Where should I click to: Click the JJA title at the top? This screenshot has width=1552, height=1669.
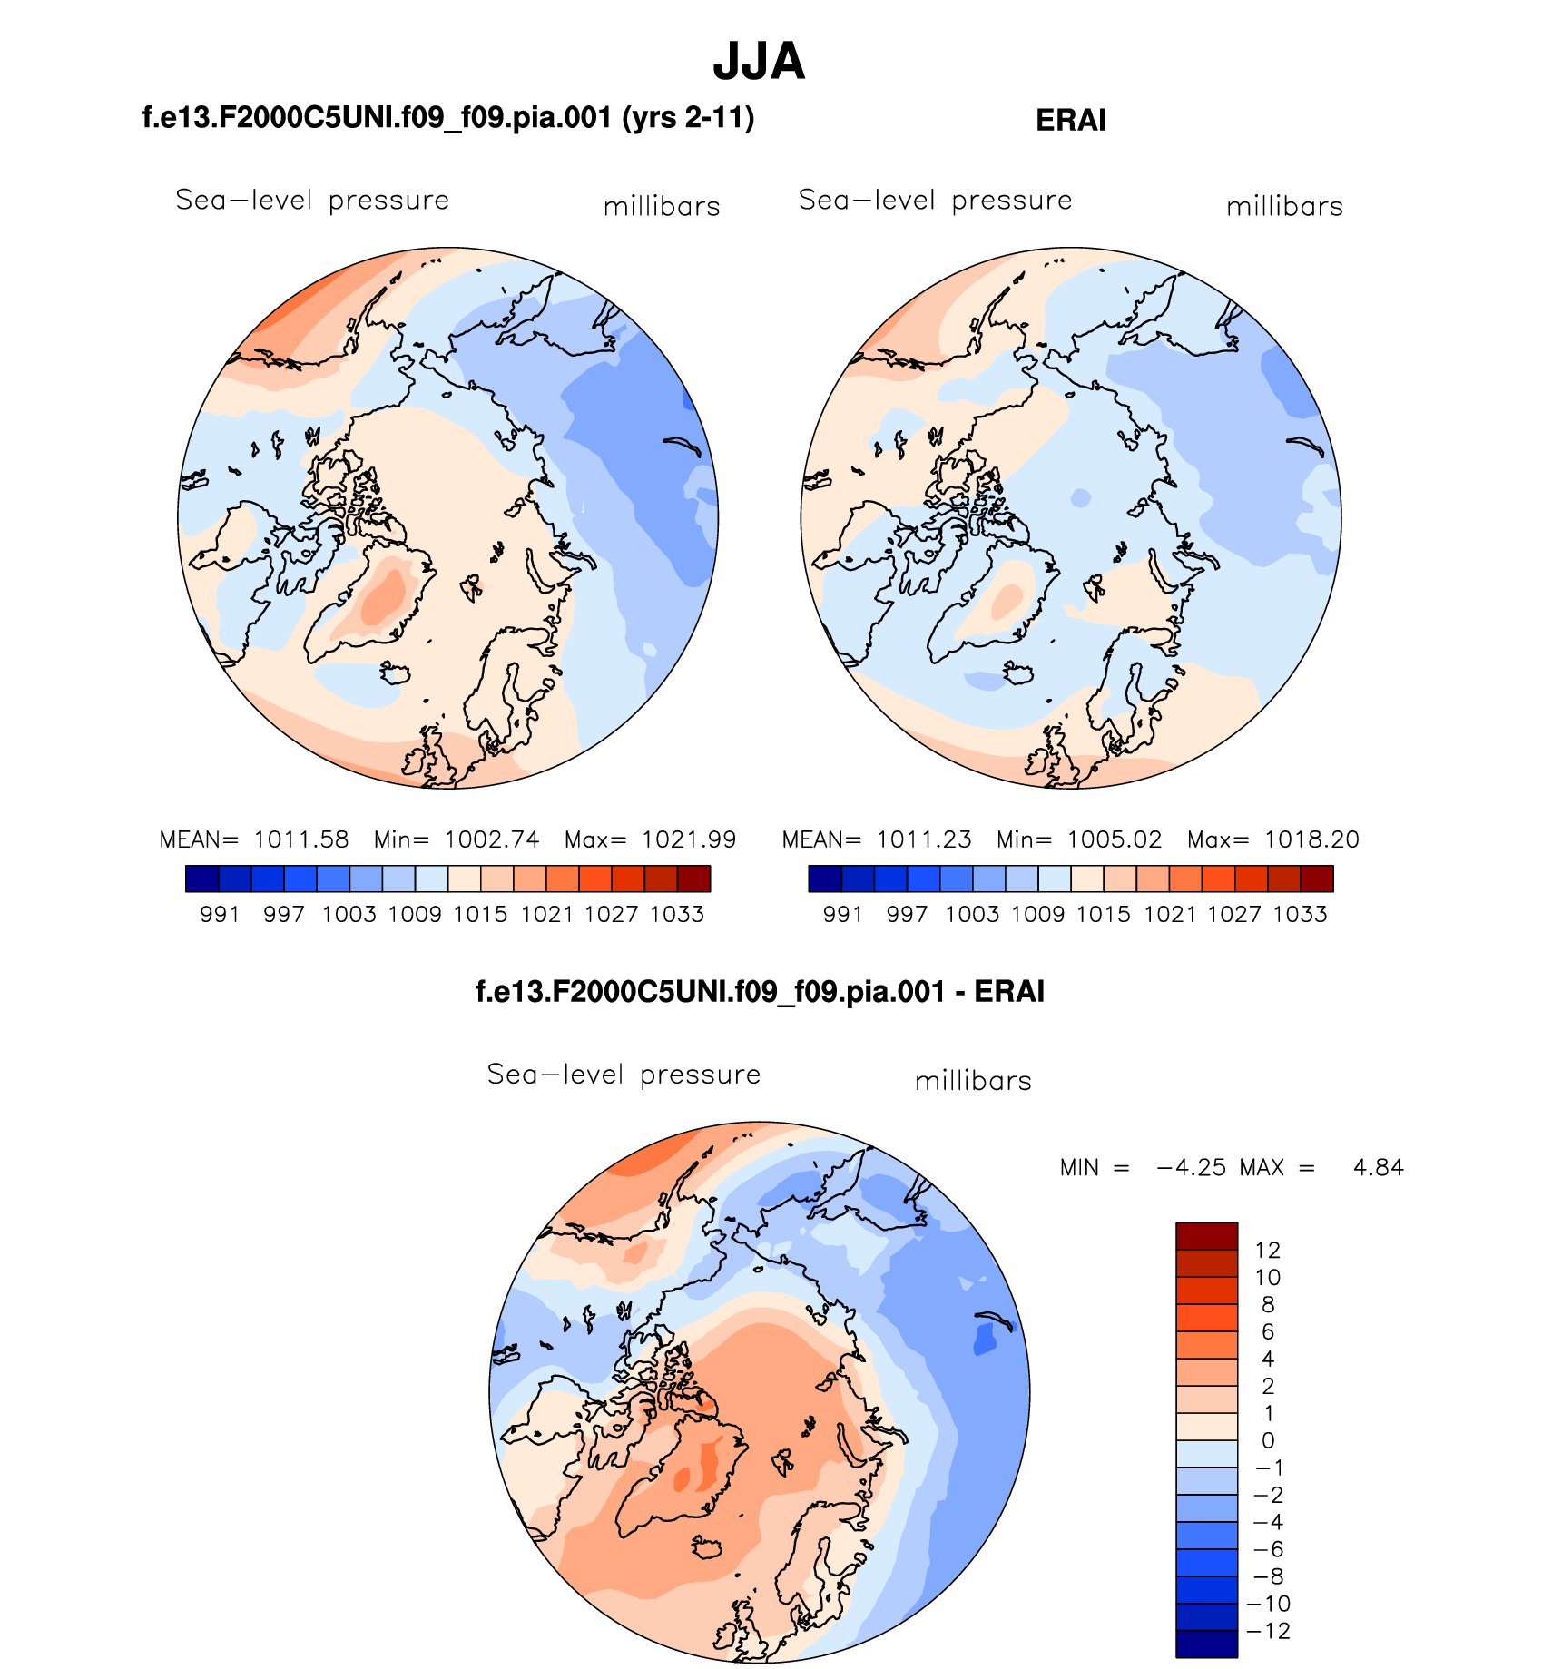pyautogui.click(x=759, y=62)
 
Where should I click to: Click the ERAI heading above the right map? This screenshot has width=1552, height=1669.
pyautogui.click(x=1070, y=121)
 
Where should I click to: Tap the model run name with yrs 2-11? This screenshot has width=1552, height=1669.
pyautogui.click(x=448, y=118)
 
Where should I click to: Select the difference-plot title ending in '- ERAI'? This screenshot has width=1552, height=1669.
pyautogui.click(x=760, y=991)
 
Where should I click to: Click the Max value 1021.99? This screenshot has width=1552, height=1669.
pyautogui.click(x=689, y=839)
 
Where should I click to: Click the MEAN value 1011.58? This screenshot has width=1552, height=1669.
pyautogui.click(x=301, y=839)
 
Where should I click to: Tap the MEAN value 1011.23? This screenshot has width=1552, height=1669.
pyautogui.click(x=924, y=839)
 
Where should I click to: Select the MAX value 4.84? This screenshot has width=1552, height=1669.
pyautogui.click(x=1378, y=1168)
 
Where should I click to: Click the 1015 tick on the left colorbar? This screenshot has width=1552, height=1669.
pyautogui.click(x=480, y=914)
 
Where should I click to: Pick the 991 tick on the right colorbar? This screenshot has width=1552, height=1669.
pyautogui.click(x=842, y=914)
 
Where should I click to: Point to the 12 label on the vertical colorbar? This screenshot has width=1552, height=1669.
pyautogui.click(x=1267, y=1251)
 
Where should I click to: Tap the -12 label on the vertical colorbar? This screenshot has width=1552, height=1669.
pyautogui.click(x=1268, y=1631)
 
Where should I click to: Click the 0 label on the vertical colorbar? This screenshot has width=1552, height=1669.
pyautogui.click(x=1268, y=1441)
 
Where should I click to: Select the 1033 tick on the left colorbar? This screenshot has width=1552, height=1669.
pyautogui.click(x=677, y=914)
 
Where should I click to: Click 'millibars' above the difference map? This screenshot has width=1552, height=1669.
pyautogui.click(x=973, y=1081)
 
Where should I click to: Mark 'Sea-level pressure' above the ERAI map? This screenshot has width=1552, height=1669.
pyautogui.click(x=935, y=201)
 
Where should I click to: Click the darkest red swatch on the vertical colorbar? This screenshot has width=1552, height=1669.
pyautogui.click(x=1206, y=1236)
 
